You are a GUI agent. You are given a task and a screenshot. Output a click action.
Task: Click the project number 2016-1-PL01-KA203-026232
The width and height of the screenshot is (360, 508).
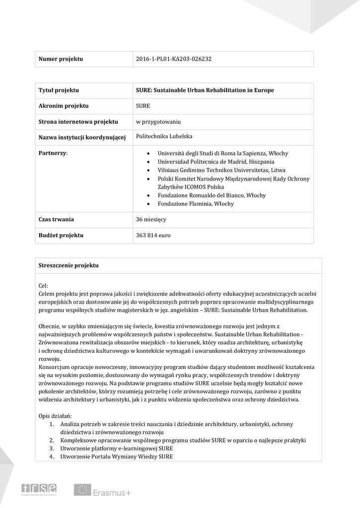click(173, 60)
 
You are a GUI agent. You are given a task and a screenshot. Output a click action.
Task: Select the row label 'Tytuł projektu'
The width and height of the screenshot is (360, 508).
click(59, 90)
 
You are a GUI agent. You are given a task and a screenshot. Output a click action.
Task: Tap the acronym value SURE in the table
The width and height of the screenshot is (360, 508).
click(143, 106)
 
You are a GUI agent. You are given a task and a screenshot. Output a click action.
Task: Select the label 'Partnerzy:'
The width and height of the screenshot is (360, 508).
click(53, 153)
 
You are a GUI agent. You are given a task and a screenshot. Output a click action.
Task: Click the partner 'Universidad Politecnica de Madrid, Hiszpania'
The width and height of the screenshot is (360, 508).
click(216, 162)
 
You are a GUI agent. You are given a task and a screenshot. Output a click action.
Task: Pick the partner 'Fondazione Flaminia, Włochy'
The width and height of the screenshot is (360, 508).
click(195, 204)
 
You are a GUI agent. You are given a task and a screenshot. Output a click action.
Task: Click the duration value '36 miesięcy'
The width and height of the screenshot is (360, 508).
click(151, 219)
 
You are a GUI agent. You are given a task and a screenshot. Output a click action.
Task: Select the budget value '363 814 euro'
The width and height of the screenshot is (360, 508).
click(153, 235)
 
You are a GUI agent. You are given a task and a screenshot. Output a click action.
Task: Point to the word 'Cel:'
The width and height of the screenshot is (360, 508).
click(43, 286)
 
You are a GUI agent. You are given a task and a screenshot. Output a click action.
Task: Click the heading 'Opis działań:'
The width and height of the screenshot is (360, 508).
click(55, 416)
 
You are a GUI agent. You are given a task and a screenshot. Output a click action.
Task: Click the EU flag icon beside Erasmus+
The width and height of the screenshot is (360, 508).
click(82, 490)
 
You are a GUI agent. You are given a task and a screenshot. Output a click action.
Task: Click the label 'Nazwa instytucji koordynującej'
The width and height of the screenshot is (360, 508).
click(82, 137)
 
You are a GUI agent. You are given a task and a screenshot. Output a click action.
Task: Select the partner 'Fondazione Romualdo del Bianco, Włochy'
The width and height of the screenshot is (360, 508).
click(212, 195)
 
